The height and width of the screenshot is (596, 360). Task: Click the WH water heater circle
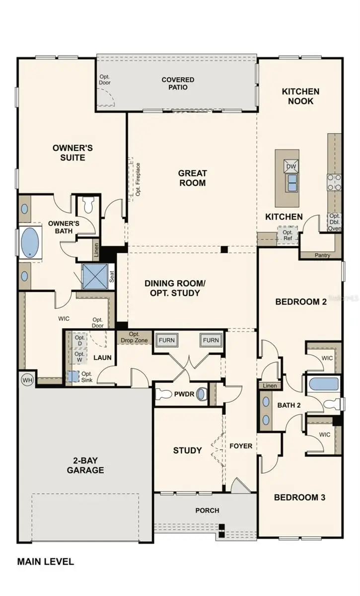(x=27, y=380)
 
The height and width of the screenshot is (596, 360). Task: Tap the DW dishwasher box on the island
(x=291, y=166)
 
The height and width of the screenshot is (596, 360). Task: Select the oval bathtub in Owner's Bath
(x=30, y=243)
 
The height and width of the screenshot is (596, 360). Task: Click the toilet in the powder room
(x=164, y=394)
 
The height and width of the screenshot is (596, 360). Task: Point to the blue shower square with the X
(x=95, y=277)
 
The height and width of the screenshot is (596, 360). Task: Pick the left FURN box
(x=167, y=340)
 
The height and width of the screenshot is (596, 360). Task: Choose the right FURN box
(x=211, y=340)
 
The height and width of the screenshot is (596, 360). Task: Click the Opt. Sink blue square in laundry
(x=73, y=377)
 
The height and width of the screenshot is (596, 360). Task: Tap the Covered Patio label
(x=178, y=83)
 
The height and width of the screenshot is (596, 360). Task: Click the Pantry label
(x=322, y=255)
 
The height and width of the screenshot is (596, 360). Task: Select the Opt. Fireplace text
(x=138, y=179)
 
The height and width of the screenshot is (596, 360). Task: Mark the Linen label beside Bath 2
(x=270, y=386)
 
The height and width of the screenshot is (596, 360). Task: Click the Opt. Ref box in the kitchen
(x=288, y=235)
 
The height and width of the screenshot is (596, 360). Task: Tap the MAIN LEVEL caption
(x=46, y=562)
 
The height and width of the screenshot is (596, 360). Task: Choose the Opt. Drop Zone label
(x=134, y=337)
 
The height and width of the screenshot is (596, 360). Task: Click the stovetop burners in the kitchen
(x=334, y=182)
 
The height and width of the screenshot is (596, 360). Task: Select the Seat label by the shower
(x=112, y=277)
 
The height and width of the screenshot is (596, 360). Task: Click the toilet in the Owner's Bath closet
(x=88, y=205)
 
